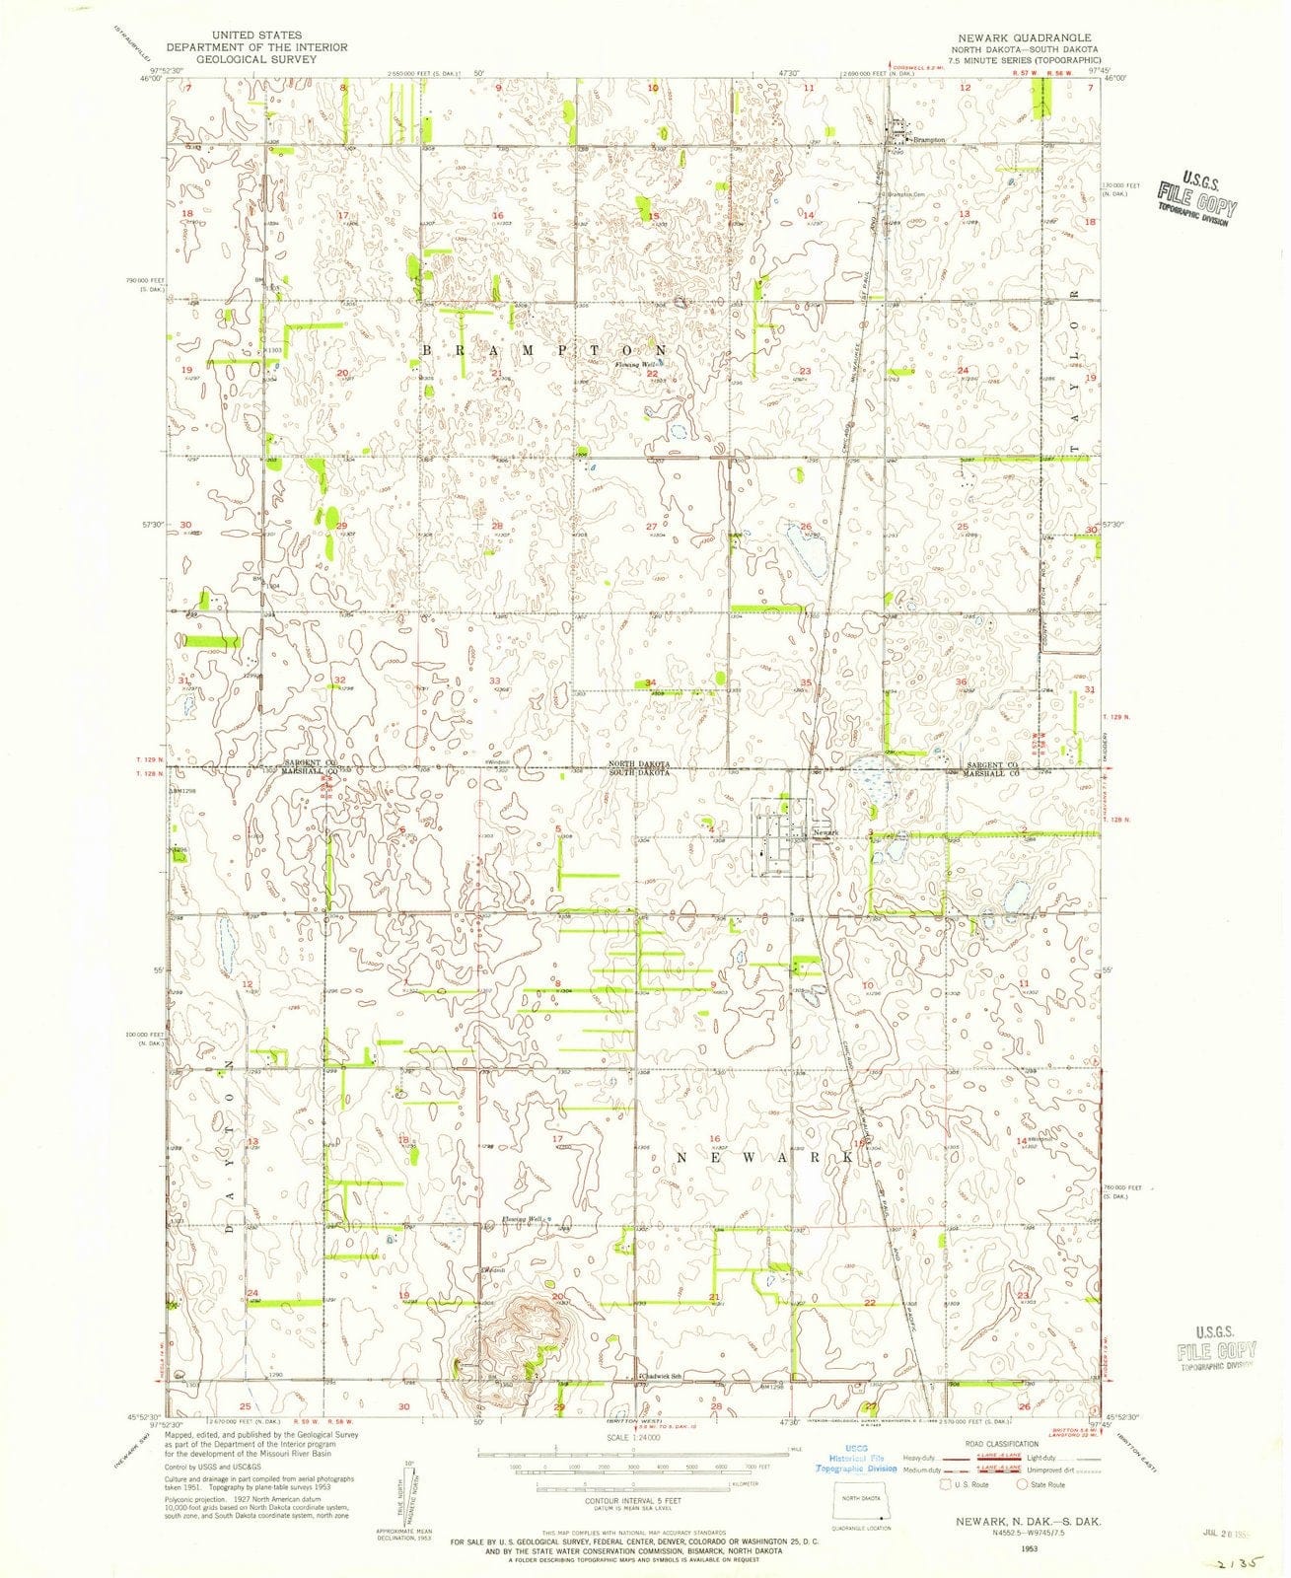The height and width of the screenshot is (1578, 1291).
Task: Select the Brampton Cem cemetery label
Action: (x=910, y=193)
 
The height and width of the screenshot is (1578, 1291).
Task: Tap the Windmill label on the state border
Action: (x=500, y=763)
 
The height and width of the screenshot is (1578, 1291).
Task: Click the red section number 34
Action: (x=651, y=682)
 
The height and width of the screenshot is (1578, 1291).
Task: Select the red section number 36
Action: (x=961, y=681)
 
